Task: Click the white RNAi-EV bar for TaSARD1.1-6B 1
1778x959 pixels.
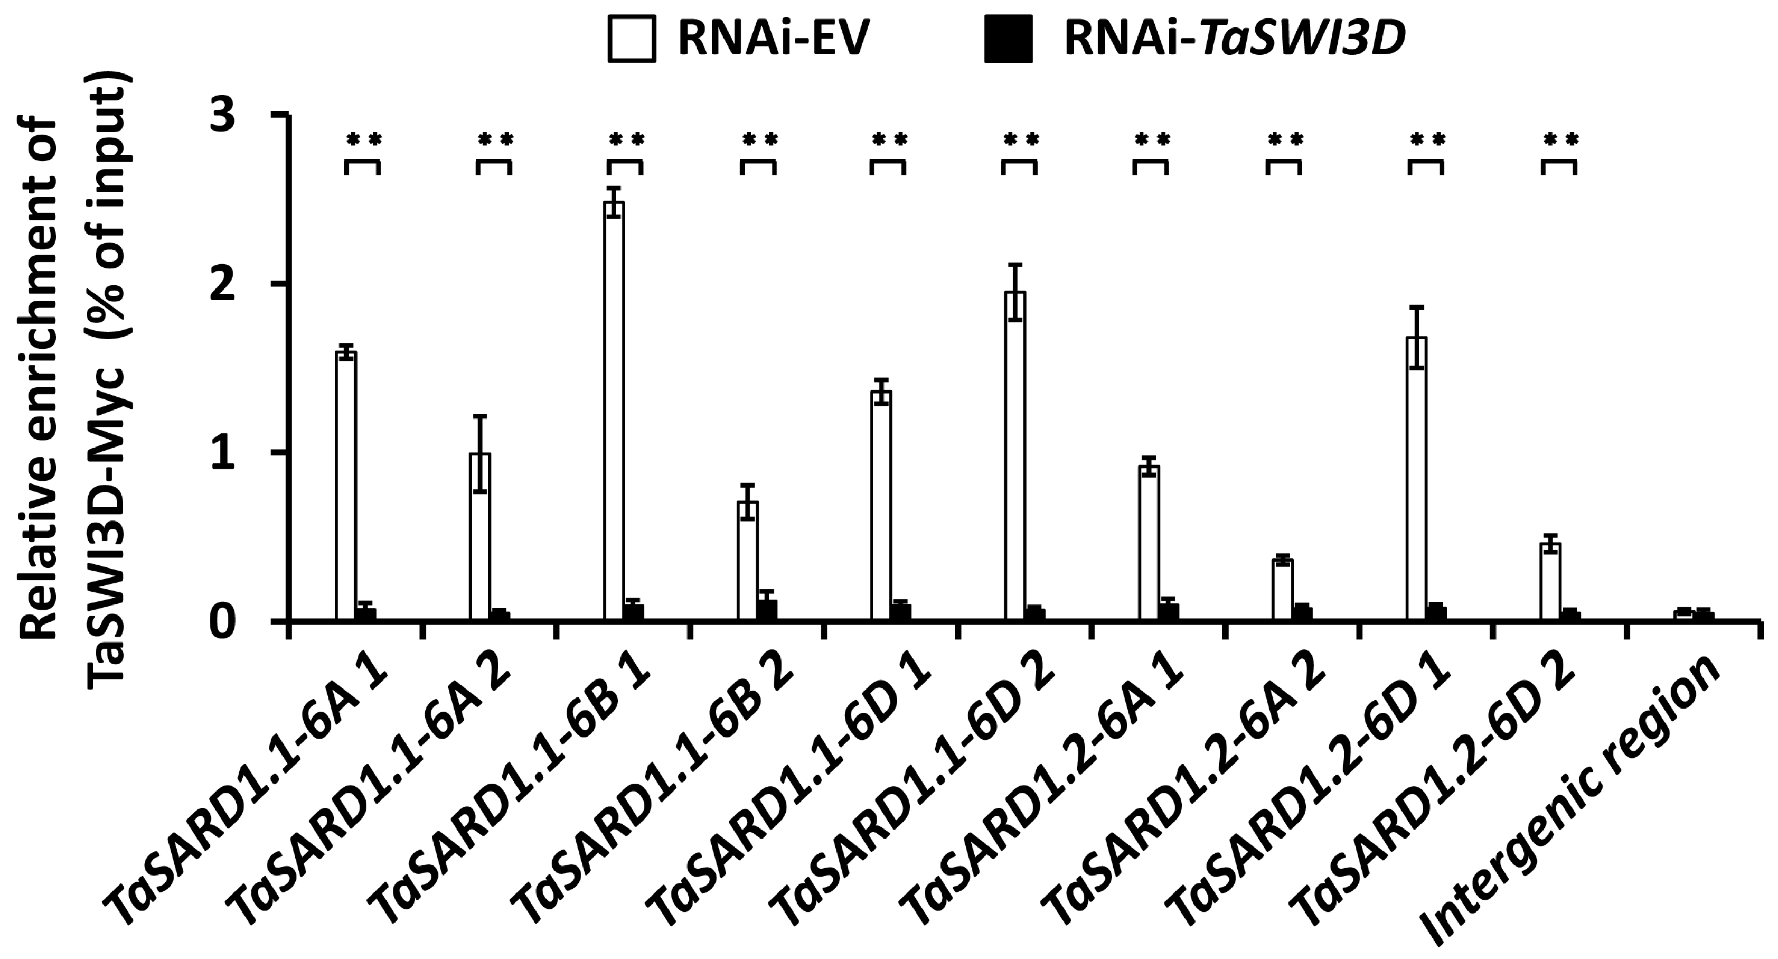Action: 614,412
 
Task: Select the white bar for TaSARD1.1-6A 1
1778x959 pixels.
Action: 346,487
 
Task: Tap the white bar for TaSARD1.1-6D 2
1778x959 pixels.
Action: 1014,457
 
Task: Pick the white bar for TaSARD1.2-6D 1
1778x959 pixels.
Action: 1416,479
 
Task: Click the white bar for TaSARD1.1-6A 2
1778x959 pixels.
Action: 479,537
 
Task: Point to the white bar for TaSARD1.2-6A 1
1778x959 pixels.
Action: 1149,543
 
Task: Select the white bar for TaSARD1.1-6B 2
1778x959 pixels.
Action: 748,561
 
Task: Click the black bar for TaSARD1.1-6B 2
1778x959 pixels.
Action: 767,611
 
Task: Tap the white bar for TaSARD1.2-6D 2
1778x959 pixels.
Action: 1550,582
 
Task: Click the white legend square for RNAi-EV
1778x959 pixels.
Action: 632,39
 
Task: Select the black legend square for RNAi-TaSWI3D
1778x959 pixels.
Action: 1009,39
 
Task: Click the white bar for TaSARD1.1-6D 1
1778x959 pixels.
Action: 881,506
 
